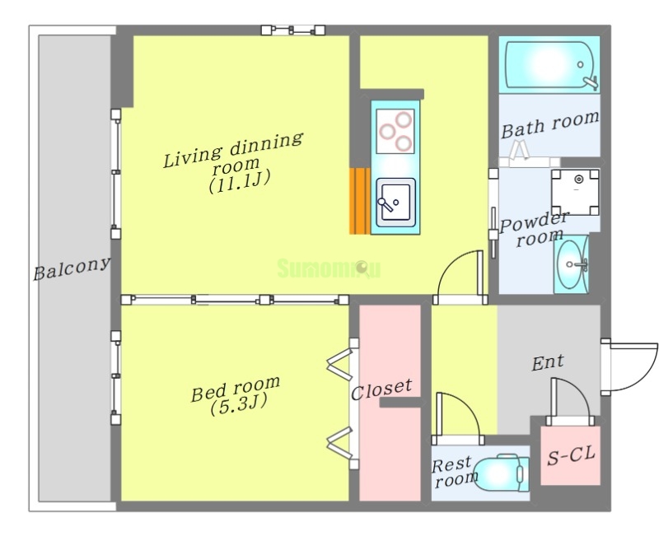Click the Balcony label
click(x=72, y=268)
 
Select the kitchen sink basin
click(x=395, y=203)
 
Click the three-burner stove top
click(x=395, y=131)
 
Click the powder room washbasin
click(x=571, y=264)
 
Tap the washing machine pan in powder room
click(x=575, y=193)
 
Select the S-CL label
click(x=571, y=455)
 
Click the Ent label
click(x=548, y=362)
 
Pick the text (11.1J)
click(x=239, y=182)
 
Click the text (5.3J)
click(x=238, y=405)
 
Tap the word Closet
click(x=381, y=389)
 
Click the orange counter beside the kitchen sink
click(x=360, y=201)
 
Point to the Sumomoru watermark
click(x=329, y=268)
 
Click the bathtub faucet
click(x=591, y=82)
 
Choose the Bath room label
click(x=549, y=124)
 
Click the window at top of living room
click(x=293, y=30)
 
